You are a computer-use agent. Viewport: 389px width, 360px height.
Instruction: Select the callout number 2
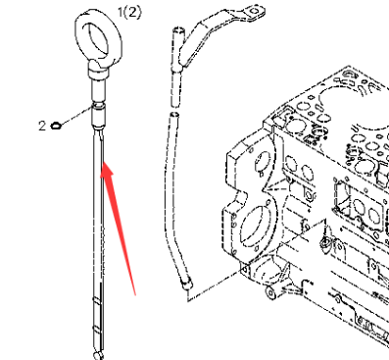click(41, 125)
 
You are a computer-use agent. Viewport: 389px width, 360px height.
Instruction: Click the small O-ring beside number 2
click(58, 125)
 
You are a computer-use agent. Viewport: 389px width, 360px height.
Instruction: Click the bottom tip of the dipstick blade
click(97, 352)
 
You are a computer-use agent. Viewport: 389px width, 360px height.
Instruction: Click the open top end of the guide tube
click(176, 32)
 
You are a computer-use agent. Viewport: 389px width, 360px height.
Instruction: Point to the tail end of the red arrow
click(134, 291)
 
